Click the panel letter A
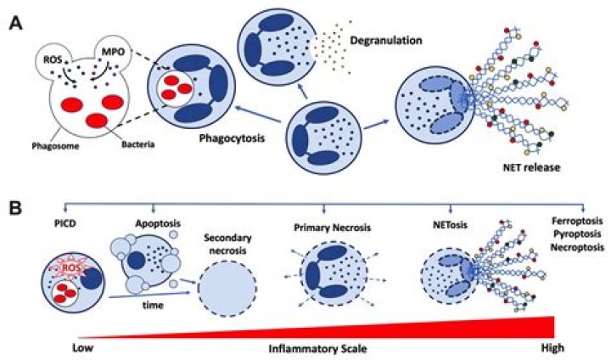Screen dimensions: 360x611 [x=15, y=23]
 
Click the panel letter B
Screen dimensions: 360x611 [x=15, y=205]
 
